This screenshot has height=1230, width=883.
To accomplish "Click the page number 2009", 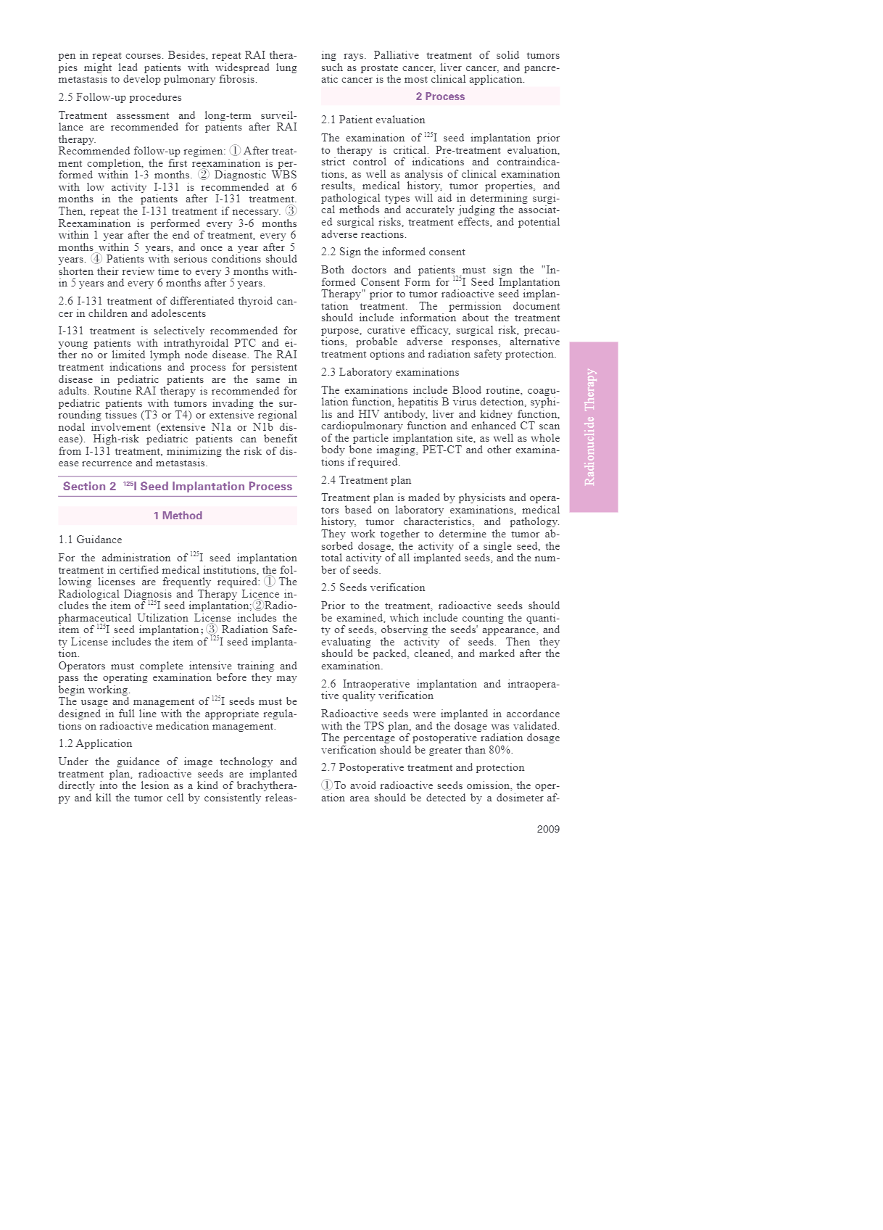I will point(547,829).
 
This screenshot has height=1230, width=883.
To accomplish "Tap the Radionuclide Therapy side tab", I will point(593,427).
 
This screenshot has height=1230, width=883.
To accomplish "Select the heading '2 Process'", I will point(440,96).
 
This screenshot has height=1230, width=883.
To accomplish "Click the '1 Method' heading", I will point(178,516).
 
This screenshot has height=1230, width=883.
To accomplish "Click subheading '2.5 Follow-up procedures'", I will point(120,97).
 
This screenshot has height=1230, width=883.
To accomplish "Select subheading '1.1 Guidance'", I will point(90,540).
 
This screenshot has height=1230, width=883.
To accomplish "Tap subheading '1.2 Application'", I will point(95,743).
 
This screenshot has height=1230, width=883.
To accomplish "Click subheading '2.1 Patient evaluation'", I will point(373,120).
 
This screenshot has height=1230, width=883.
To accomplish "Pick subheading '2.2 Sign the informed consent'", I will point(393,252).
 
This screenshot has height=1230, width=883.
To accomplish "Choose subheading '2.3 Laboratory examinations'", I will point(390,372).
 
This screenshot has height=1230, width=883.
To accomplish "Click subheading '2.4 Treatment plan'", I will point(365,480).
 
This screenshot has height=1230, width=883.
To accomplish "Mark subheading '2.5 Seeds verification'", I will point(373,587).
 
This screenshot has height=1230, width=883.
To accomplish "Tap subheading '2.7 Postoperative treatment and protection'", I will point(423,767).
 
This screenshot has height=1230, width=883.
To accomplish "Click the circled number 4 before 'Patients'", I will point(96,259).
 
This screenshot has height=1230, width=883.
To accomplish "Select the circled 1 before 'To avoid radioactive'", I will point(327,785).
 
